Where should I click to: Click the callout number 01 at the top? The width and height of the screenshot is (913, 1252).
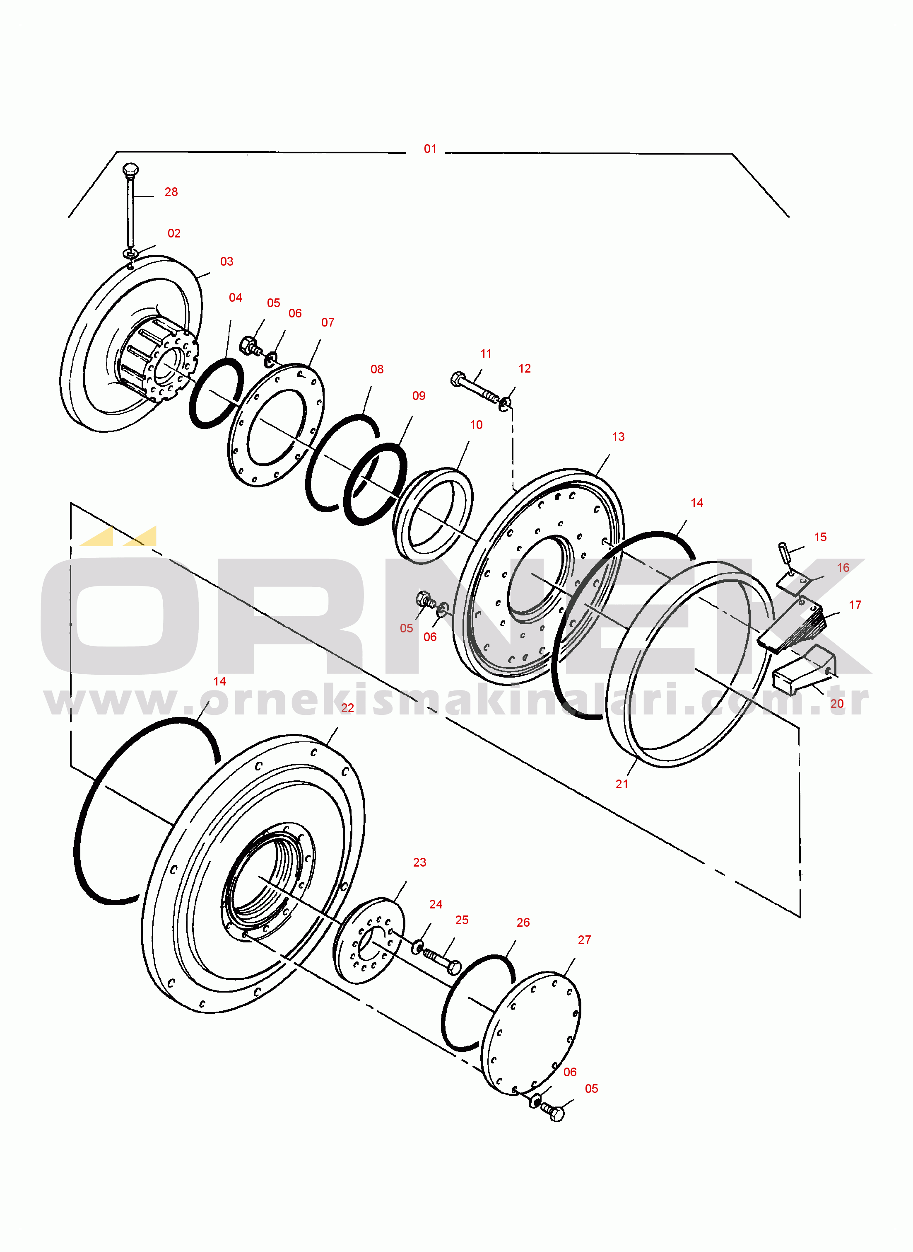point(430,149)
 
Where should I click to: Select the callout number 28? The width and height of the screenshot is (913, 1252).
point(171,192)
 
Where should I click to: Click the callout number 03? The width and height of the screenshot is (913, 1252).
point(226,262)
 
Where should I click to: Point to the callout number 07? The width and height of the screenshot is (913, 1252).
point(328,322)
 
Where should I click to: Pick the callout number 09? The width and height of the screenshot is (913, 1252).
point(419,396)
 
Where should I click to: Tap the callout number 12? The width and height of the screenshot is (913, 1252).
point(525,368)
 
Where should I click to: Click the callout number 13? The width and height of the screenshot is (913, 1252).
point(619,437)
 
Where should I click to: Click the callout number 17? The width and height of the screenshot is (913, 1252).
point(855,605)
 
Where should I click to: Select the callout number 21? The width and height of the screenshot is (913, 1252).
point(622,784)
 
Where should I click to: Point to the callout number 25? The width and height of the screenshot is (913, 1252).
point(462,920)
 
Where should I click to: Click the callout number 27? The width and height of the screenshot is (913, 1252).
point(584,940)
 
